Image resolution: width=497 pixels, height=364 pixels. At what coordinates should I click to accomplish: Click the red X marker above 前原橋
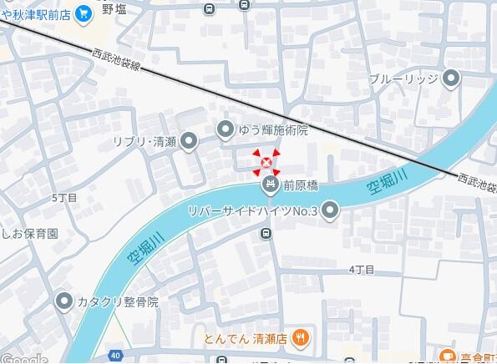pyautogui.click(x=266, y=162)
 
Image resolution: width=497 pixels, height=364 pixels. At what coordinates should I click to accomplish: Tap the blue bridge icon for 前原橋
pyautogui.click(x=270, y=185)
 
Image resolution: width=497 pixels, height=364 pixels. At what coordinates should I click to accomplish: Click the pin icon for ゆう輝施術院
pyautogui.click(x=226, y=129)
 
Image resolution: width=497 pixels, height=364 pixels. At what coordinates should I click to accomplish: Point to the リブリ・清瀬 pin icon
pyautogui.click(x=190, y=141)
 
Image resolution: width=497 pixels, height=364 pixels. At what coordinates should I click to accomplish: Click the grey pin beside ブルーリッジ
pyautogui.click(x=452, y=80)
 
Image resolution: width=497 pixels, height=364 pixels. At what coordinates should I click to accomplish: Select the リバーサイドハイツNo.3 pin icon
pyautogui.click(x=331, y=210)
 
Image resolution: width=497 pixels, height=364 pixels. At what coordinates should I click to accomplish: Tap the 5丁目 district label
pyautogui.click(x=63, y=198)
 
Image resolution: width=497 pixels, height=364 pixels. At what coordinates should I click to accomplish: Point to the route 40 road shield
pyautogui.click(x=114, y=355)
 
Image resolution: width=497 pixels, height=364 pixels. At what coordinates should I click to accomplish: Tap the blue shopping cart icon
pyautogui.click(x=83, y=13)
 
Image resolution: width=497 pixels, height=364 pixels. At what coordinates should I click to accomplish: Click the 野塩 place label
pyautogui.click(x=114, y=8)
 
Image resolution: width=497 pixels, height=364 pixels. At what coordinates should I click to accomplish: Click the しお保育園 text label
pyautogui.click(x=29, y=234)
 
